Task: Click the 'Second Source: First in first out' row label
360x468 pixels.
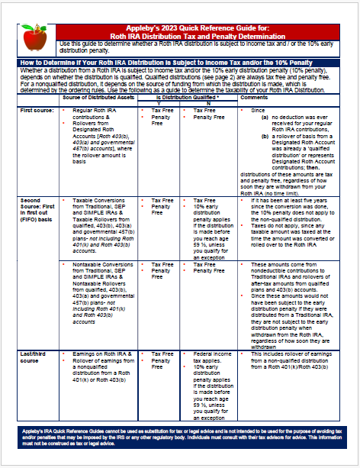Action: pyautogui.click(x=37, y=209)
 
